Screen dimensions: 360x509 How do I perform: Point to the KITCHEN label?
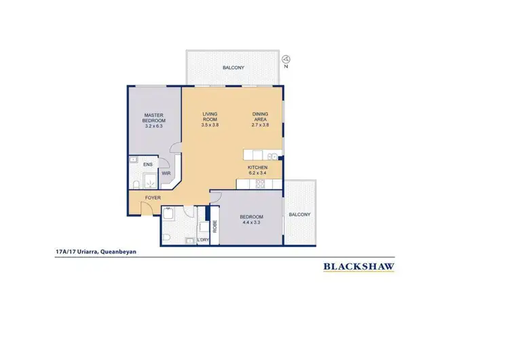click(257, 167)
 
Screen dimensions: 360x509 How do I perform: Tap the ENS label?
click(148, 164)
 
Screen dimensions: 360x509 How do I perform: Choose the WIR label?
click(166, 173)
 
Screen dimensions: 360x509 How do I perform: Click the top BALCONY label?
click(232, 68)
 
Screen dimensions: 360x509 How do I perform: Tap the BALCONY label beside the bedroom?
click(299, 214)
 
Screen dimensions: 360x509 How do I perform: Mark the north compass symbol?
click(286, 60)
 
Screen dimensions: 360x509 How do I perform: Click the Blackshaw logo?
click(358, 266)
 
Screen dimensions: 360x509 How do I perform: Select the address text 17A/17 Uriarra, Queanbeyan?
click(96, 251)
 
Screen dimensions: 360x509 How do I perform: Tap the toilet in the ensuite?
click(136, 185)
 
